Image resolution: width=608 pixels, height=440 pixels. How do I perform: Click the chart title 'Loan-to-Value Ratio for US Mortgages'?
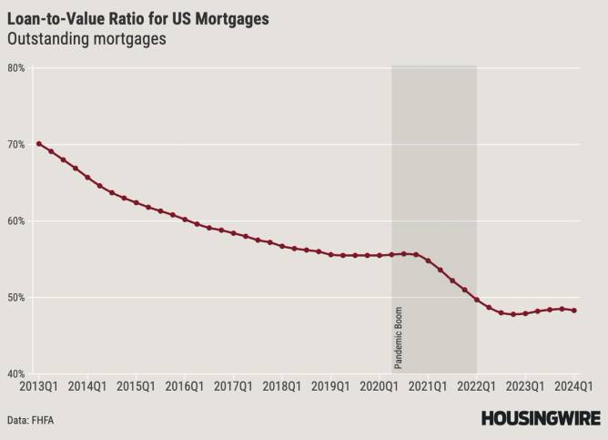coord(137,18)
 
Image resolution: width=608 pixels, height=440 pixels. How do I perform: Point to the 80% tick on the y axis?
coord(15,68)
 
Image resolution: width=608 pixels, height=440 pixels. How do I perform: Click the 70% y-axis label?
coord(15,145)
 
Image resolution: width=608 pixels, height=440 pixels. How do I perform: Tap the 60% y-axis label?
coord(15,221)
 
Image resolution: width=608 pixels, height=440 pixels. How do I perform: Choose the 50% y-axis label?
coord(15,298)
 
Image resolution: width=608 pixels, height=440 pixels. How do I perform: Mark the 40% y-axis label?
coord(15,374)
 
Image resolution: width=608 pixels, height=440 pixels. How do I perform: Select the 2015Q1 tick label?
coord(135,386)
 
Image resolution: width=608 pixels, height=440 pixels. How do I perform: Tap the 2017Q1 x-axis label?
coord(232,386)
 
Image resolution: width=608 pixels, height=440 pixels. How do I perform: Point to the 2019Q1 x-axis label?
coord(329,386)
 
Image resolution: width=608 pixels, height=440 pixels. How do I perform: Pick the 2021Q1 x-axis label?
coord(427,386)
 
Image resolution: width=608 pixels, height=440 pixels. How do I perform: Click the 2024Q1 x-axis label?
coord(573,386)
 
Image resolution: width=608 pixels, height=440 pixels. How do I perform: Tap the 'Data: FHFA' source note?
coord(35,421)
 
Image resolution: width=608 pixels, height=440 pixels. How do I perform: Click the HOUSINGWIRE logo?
coord(541,418)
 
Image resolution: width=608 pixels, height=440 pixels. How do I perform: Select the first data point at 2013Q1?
coord(38,144)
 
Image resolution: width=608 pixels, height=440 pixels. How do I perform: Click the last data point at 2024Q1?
coord(574,311)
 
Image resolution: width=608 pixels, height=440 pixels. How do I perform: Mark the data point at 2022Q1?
coord(477,300)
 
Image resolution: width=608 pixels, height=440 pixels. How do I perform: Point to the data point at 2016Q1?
coord(185,220)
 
